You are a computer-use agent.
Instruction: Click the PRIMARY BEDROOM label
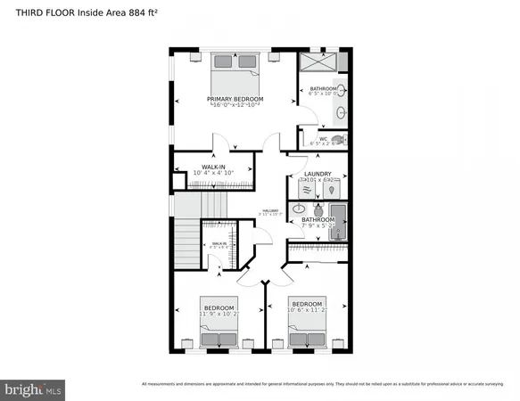pyautogui.click(x=233, y=98)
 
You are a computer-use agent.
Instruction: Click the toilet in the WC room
pyautogui.click(x=337, y=140)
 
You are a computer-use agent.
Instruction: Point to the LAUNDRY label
pyautogui.click(x=318, y=174)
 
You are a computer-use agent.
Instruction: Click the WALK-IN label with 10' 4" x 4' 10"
pyautogui.click(x=212, y=166)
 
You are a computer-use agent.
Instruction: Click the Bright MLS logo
pyautogui.click(x=34, y=389)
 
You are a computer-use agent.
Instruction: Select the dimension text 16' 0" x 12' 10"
pyautogui.click(x=233, y=106)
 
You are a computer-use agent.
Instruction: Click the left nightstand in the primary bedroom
pyautogui.click(x=196, y=55)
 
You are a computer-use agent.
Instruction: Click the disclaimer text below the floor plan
pyautogui.click(x=322, y=384)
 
